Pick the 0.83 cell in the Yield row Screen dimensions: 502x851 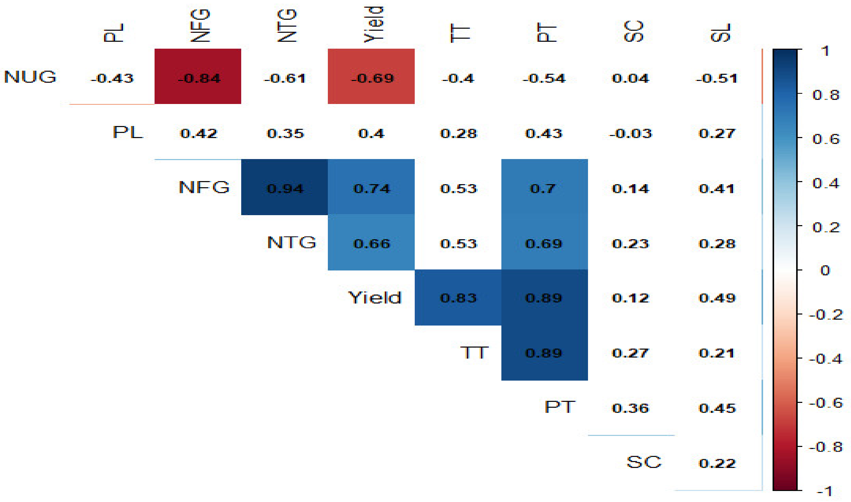click(458, 298)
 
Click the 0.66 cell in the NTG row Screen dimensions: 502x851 click(371, 243)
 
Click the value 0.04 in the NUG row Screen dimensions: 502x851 click(631, 78)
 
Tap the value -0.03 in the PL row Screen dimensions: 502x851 click(631, 133)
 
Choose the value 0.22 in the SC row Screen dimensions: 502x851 click(717, 463)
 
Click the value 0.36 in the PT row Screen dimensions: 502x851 click(631, 408)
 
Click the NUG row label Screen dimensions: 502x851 click(30, 77)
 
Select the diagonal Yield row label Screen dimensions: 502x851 click(375, 298)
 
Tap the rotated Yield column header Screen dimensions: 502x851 click(374, 24)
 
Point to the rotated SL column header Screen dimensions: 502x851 click(720, 33)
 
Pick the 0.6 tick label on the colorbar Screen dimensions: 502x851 click(826, 139)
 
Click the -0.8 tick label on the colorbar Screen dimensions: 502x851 click(825, 447)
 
